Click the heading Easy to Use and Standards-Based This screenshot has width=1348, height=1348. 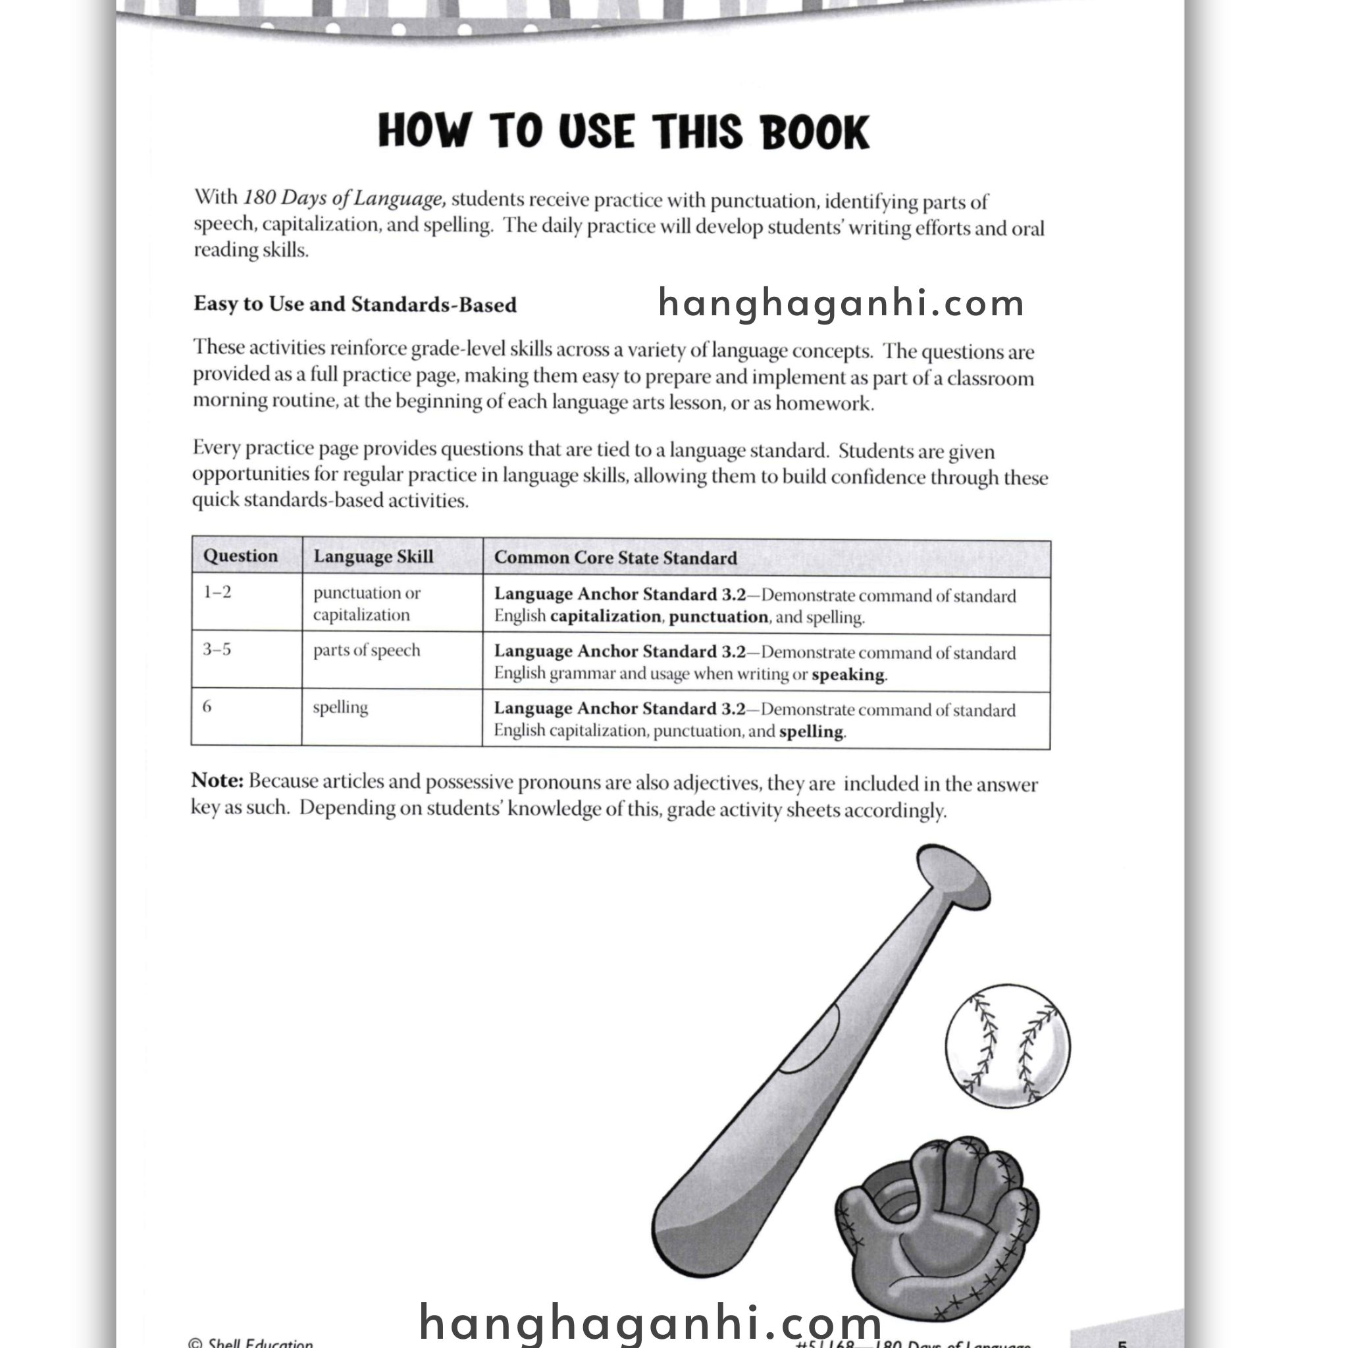click(355, 304)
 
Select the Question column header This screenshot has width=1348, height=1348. click(240, 556)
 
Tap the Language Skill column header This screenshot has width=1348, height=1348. click(373, 557)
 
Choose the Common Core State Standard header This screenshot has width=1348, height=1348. click(615, 558)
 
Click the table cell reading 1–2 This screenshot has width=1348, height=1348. click(217, 592)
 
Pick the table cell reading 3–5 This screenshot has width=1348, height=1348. click(217, 650)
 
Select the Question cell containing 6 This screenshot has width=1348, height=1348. click(207, 707)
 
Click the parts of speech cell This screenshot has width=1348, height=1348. click(367, 650)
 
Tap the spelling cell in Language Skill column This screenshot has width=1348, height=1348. click(340, 708)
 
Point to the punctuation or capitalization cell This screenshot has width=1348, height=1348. click(367, 604)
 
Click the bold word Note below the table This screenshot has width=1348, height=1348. click(217, 781)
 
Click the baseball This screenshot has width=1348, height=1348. click(1008, 1046)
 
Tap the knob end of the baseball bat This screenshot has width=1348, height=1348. click(953, 876)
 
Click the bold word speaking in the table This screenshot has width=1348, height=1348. click(848, 675)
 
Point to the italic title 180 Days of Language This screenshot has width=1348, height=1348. click(344, 199)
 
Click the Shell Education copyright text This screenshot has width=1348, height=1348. click(251, 1341)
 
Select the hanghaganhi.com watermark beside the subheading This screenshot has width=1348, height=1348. click(841, 303)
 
